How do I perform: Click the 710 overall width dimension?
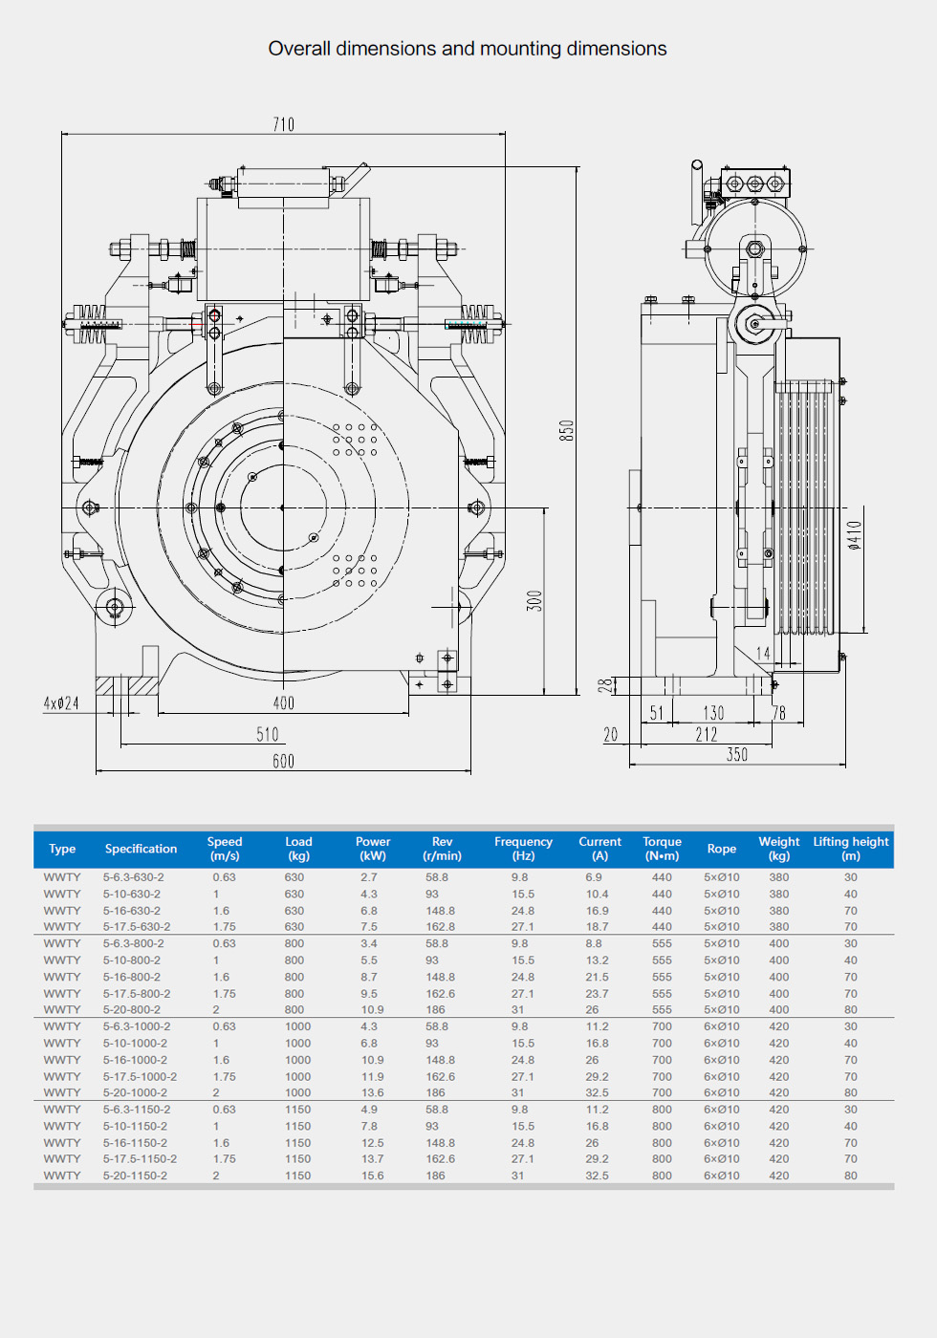284,124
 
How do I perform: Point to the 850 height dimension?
567,430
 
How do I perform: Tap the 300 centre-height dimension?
534,601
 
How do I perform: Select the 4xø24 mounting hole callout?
61,703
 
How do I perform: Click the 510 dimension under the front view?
268,734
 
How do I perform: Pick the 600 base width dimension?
283,761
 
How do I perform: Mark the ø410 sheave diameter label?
855,535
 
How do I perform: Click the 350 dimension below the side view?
736,754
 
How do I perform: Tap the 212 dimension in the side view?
707,734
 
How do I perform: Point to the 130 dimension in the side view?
713,713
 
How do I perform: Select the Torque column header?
662,849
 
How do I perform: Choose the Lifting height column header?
851,849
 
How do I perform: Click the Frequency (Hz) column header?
523,849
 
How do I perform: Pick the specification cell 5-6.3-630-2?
134,877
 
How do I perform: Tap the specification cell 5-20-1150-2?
135,1176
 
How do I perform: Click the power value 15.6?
373,1176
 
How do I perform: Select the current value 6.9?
594,877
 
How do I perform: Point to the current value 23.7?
597,994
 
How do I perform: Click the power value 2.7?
369,877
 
